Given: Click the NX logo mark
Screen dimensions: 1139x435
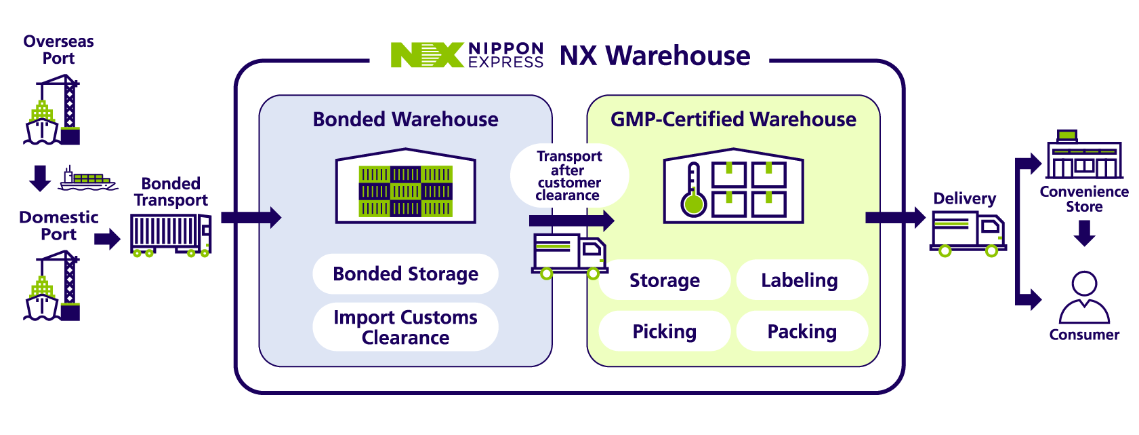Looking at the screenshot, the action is (427, 54).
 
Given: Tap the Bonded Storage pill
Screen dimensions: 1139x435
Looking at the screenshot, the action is (405, 274).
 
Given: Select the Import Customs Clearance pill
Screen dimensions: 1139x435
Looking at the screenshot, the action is (405, 327).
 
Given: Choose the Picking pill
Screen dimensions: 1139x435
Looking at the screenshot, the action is (665, 331).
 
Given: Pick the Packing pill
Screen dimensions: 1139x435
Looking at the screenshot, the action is (802, 331).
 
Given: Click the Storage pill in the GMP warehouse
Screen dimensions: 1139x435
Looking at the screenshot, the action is (665, 280).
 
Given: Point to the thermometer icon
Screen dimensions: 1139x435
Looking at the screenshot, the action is (694, 190).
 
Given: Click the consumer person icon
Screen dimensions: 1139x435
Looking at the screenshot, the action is (1084, 297).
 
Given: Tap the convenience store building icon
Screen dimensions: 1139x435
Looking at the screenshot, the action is (1084, 154).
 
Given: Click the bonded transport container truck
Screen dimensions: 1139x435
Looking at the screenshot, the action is (171, 235).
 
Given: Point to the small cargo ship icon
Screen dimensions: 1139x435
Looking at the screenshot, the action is (87, 178).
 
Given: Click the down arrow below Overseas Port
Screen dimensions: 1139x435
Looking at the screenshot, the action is (40, 178).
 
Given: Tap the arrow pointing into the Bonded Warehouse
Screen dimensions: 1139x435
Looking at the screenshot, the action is (251, 217).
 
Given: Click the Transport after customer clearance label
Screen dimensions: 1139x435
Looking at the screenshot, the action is (568, 176).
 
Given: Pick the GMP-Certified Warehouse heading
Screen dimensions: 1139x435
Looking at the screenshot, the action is (733, 119).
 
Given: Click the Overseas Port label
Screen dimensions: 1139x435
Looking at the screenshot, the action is (58, 50).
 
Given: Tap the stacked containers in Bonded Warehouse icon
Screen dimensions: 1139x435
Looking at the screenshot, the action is (405, 191).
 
